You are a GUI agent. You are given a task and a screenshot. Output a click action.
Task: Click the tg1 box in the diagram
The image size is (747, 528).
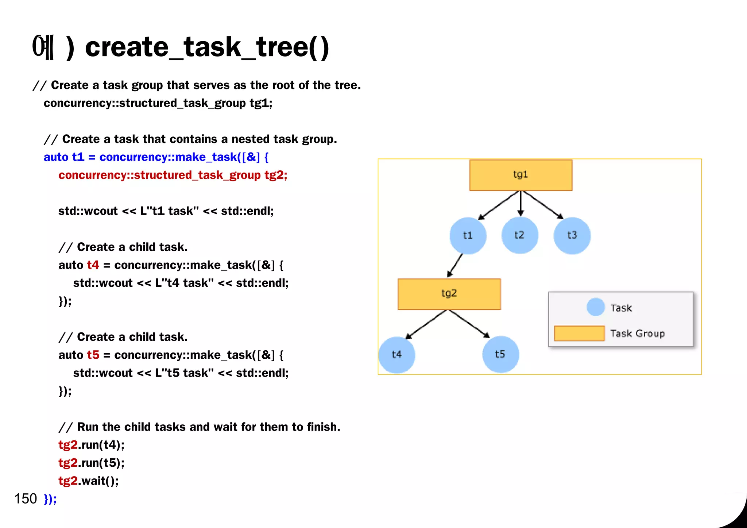click(x=520, y=175)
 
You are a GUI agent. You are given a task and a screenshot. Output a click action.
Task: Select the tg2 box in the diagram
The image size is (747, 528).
click(x=449, y=294)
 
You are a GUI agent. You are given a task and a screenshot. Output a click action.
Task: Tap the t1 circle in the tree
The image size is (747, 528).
click(x=468, y=236)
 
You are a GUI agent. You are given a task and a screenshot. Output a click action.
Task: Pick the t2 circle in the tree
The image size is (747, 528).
click(x=519, y=235)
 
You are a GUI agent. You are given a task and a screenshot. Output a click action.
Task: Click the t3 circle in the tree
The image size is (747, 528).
click(x=572, y=236)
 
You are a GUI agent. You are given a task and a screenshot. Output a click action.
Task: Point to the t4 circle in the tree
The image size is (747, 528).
click(x=397, y=355)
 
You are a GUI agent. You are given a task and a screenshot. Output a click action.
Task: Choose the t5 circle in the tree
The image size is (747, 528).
click(x=500, y=355)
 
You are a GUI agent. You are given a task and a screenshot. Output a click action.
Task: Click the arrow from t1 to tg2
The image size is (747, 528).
click(x=455, y=265)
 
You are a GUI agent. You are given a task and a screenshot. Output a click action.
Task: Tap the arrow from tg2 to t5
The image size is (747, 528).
click(x=469, y=324)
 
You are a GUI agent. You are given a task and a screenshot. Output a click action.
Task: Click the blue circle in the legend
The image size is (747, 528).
click(x=596, y=307)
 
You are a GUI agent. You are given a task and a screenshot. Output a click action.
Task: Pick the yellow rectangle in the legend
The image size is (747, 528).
click(x=579, y=333)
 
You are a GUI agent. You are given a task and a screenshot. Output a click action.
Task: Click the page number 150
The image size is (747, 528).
click(x=26, y=498)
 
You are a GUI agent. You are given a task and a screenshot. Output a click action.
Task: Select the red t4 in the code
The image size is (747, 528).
click(x=93, y=265)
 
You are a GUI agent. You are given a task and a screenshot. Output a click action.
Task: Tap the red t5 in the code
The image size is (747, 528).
click(x=93, y=355)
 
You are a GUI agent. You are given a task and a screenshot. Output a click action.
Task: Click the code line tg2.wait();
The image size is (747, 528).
click(x=89, y=481)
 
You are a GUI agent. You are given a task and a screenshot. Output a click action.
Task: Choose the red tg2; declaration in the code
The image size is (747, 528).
click(x=276, y=175)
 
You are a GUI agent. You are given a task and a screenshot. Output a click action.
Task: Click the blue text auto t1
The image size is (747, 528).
click(x=64, y=157)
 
